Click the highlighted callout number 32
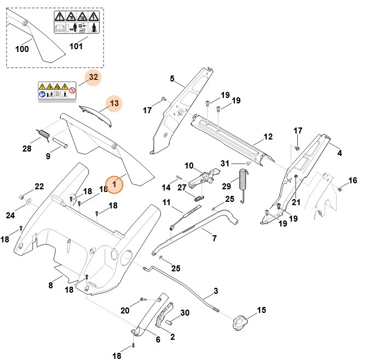click(94, 77)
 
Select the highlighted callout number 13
click(114, 103)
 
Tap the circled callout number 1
click(114, 185)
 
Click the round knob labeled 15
click(240, 323)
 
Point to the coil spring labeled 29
click(244, 185)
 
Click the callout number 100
click(22, 49)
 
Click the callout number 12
click(268, 136)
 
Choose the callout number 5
click(172, 79)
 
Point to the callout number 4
click(339, 153)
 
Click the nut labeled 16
click(339, 189)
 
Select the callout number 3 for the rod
click(216, 291)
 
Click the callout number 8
click(50, 285)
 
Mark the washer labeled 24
click(28, 206)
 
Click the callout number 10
click(189, 166)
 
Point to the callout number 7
click(214, 239)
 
